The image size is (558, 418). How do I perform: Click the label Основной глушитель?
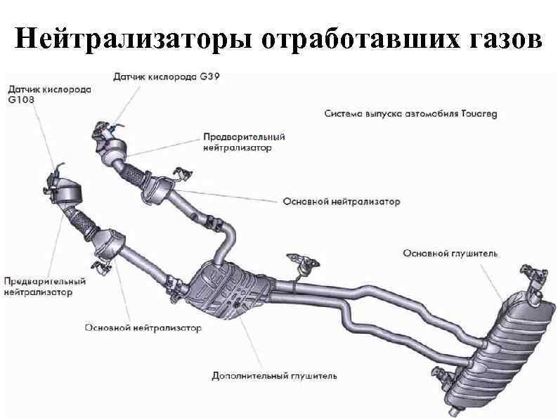click(450, 252)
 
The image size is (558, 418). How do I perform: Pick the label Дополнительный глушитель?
click(274, 376)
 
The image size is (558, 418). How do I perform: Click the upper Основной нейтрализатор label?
click(342, 202)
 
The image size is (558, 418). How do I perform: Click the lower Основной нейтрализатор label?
click(143, 327)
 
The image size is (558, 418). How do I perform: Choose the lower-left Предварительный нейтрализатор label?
click(44, 286)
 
